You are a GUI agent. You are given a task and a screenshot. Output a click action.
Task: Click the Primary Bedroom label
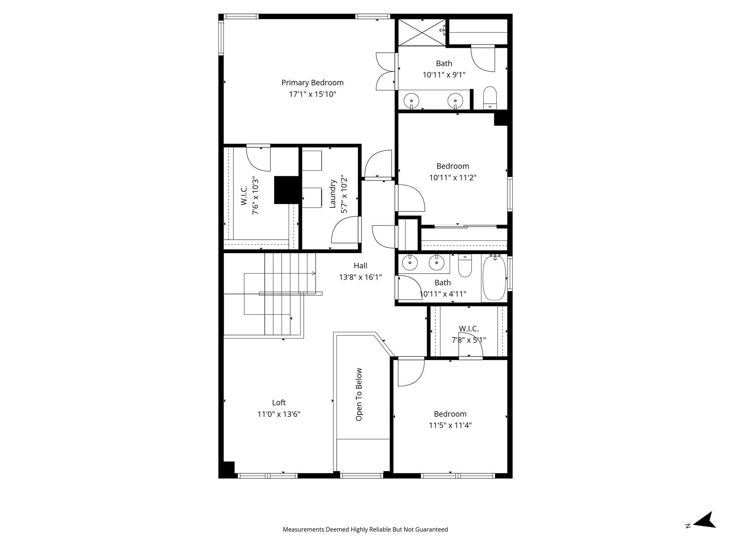point(312,83)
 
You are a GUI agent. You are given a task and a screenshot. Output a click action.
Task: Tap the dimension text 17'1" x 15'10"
point(312,94)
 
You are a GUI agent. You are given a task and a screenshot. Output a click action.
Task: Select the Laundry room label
point(333,194)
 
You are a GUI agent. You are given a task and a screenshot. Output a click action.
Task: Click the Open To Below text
point(359,394)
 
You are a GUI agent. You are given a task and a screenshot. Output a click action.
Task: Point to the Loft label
point(279,402)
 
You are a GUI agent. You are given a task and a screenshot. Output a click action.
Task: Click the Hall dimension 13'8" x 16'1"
point(361,277)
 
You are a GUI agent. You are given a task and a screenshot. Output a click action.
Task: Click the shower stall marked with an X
point(422,32)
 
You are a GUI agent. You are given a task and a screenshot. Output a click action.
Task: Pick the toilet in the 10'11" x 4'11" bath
point(465,266)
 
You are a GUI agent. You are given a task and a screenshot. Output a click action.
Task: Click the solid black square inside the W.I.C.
point(286,190)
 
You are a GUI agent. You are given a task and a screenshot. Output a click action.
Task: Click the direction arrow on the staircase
point(313,273)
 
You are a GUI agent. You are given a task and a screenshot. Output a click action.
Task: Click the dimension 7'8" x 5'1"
point(469,340)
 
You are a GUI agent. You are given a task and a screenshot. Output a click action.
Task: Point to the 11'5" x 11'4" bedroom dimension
point(450,425)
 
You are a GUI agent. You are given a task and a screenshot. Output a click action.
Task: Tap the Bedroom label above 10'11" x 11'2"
point(453,166)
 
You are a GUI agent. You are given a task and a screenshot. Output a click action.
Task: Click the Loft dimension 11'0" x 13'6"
point(279,414)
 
